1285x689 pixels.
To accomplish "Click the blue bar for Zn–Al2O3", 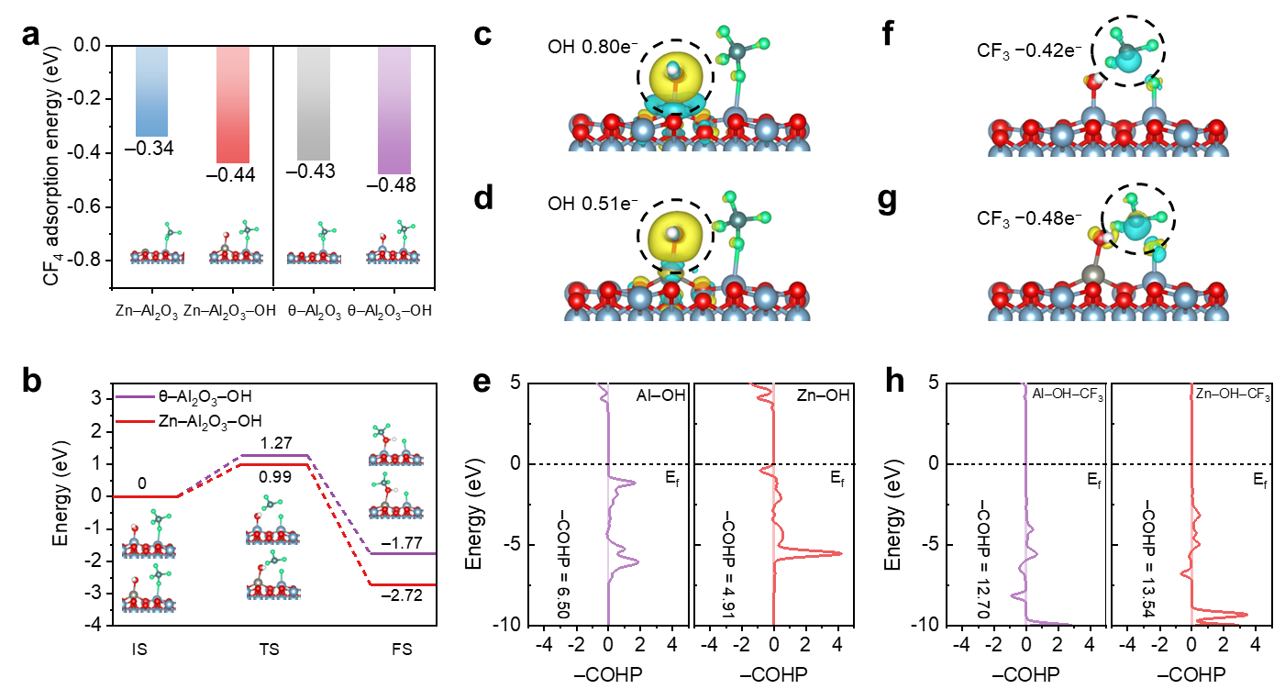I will pyautogui.click(x=151, y=92).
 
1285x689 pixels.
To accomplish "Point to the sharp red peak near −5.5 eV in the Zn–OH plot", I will pyautogui.click(x=835, y=552).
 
